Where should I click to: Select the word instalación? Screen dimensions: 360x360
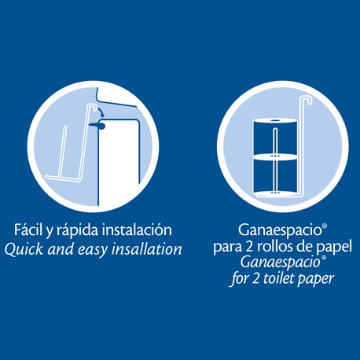[137, 230]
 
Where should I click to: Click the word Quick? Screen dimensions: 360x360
[24, 249]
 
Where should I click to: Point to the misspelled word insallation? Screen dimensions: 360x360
[147, 249]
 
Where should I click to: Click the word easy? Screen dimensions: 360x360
[93, 250]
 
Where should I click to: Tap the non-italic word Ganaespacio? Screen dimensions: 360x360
[280, 230]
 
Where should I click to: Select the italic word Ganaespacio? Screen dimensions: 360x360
[281, 263]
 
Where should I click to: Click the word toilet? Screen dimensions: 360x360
[278, 278]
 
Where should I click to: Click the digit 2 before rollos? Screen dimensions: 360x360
[249, 247]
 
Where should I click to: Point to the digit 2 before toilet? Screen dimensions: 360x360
[255, 279]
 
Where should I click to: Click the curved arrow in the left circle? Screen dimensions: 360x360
[101, 111]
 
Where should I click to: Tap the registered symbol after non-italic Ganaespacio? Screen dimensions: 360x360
[325, 226]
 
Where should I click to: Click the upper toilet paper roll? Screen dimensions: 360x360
[275, 137]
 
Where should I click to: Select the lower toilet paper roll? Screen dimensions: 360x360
[275, 174]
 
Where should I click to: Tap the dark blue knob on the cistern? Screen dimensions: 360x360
[97, 127]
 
